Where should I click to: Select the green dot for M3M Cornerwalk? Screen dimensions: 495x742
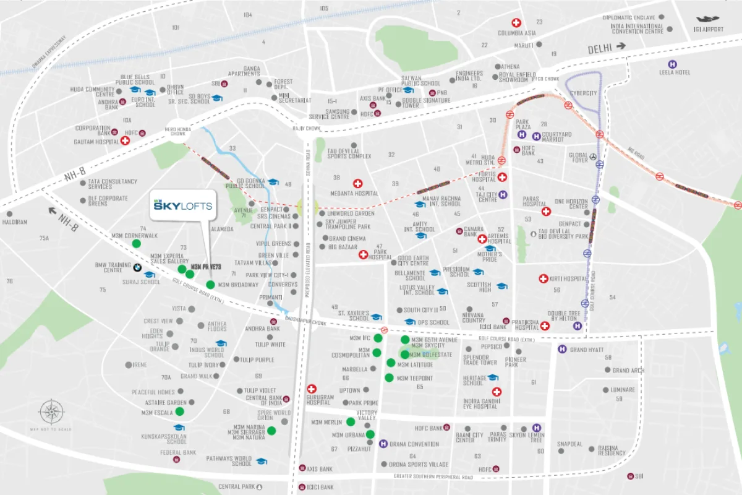136,243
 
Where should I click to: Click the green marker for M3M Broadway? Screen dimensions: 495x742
210,285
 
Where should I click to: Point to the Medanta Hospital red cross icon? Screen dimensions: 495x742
357,184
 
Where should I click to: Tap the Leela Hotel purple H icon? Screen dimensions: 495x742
672,64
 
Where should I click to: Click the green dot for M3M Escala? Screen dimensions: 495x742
179,411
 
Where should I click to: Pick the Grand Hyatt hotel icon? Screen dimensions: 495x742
562,350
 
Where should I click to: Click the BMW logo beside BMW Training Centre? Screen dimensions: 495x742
137,268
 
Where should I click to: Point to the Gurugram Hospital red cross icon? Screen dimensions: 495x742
312,389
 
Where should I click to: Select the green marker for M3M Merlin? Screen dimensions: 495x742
351,422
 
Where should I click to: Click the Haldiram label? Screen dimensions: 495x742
15,222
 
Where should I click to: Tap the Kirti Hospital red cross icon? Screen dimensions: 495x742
543,279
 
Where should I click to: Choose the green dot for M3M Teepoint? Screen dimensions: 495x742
389,377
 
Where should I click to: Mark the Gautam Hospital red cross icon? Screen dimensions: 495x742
126,141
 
